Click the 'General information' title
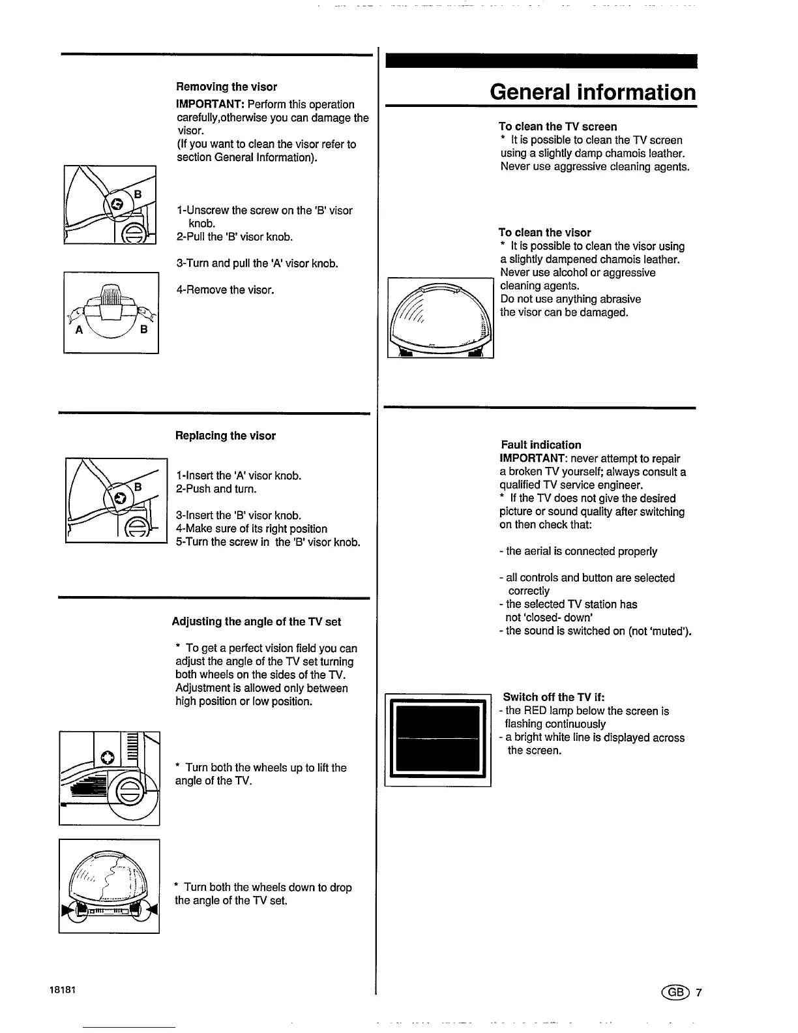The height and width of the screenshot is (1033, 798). pos(593,92)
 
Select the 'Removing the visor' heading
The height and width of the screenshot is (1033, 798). pos(226,87)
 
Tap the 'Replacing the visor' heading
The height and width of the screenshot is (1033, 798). pos(226,436)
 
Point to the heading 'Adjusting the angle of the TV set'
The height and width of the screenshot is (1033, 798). pos(256,621)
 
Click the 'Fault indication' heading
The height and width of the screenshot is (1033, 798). pos(541,445)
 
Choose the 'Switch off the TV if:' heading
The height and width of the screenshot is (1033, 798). pos(554,697)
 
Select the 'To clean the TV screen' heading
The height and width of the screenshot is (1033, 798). pos(557,127)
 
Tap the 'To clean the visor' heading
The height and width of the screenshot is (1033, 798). pos(544,233)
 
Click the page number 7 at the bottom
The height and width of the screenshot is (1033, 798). pos(698,993)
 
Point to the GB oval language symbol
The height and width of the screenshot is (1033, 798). pos(675,993)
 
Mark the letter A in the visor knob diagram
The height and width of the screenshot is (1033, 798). pos(79,330)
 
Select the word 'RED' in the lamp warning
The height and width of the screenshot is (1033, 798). pos(535,711)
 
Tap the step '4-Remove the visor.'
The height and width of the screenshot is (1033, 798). pos(225,290)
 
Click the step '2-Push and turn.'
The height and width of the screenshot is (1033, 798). pos(216,489)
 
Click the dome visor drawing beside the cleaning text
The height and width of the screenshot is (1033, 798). pos(440,318)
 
